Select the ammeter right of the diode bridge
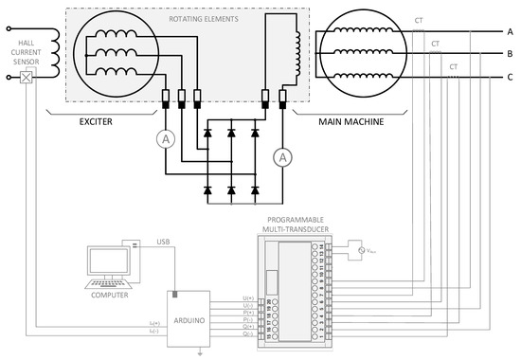[281, 157]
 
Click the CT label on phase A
[419, 20]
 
